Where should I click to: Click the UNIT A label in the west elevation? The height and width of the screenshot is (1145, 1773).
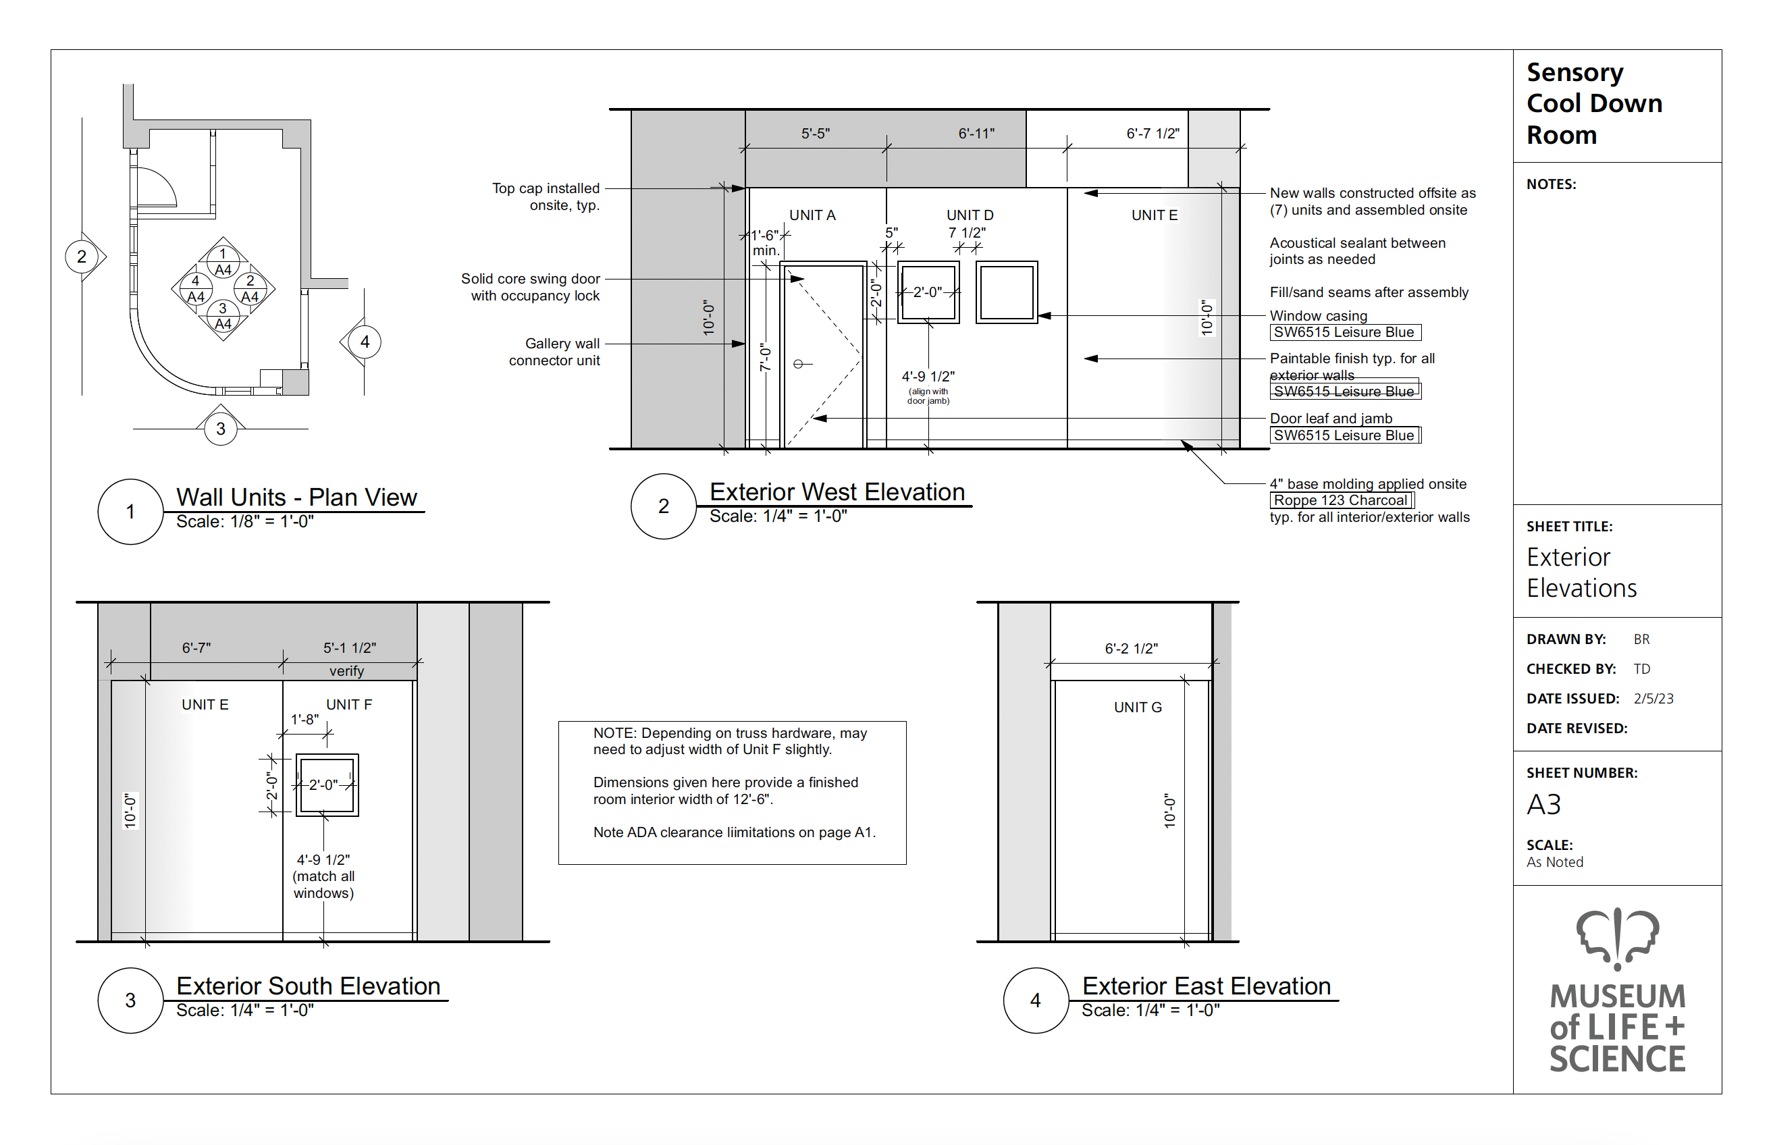pyautogui.click(x=812, y=215)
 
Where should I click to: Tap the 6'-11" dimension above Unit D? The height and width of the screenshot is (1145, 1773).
pyautogui.click(x=976, y=134)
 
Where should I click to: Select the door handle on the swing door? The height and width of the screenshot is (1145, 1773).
pyautogui.click(x=803, y=364)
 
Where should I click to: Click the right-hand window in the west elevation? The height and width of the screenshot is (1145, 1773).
pyautogui.click(x=1007, y=292)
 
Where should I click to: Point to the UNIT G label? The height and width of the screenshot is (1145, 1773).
pyautogui.click(x=1138, y=707)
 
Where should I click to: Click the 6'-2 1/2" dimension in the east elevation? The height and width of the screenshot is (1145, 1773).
pyautogui.click(x=1131, y=648)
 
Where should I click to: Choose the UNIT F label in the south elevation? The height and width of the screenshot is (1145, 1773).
pyautogui.click(x=348, y=704)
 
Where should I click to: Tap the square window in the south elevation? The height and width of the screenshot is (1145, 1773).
pyautogui.click(x=327, y=785)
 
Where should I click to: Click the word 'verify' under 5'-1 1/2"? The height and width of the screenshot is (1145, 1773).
pyautogui.click(x=346, y=670)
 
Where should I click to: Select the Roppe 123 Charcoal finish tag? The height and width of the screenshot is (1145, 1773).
pyautogui.click(x=1341, y=500)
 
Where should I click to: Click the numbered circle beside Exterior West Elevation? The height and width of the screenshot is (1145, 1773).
pyautogui.click(x=663, y=506)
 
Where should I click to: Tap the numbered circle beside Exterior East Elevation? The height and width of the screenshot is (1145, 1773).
pyautogui.click(x=1036, y=1000)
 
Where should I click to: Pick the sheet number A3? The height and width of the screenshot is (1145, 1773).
pyautogui.click(x=1543, y=805)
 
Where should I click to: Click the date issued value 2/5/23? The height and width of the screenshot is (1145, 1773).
pyautogui.click(x=1653, y=699)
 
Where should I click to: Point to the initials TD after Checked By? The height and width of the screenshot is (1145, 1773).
pyautogui.click(x=1641, y=669)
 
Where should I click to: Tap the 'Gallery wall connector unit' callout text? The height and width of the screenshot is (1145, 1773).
pyautogui.click(x=554, y=352)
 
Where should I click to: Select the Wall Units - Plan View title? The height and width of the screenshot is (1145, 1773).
pyautogui.click(x=296, y=497)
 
